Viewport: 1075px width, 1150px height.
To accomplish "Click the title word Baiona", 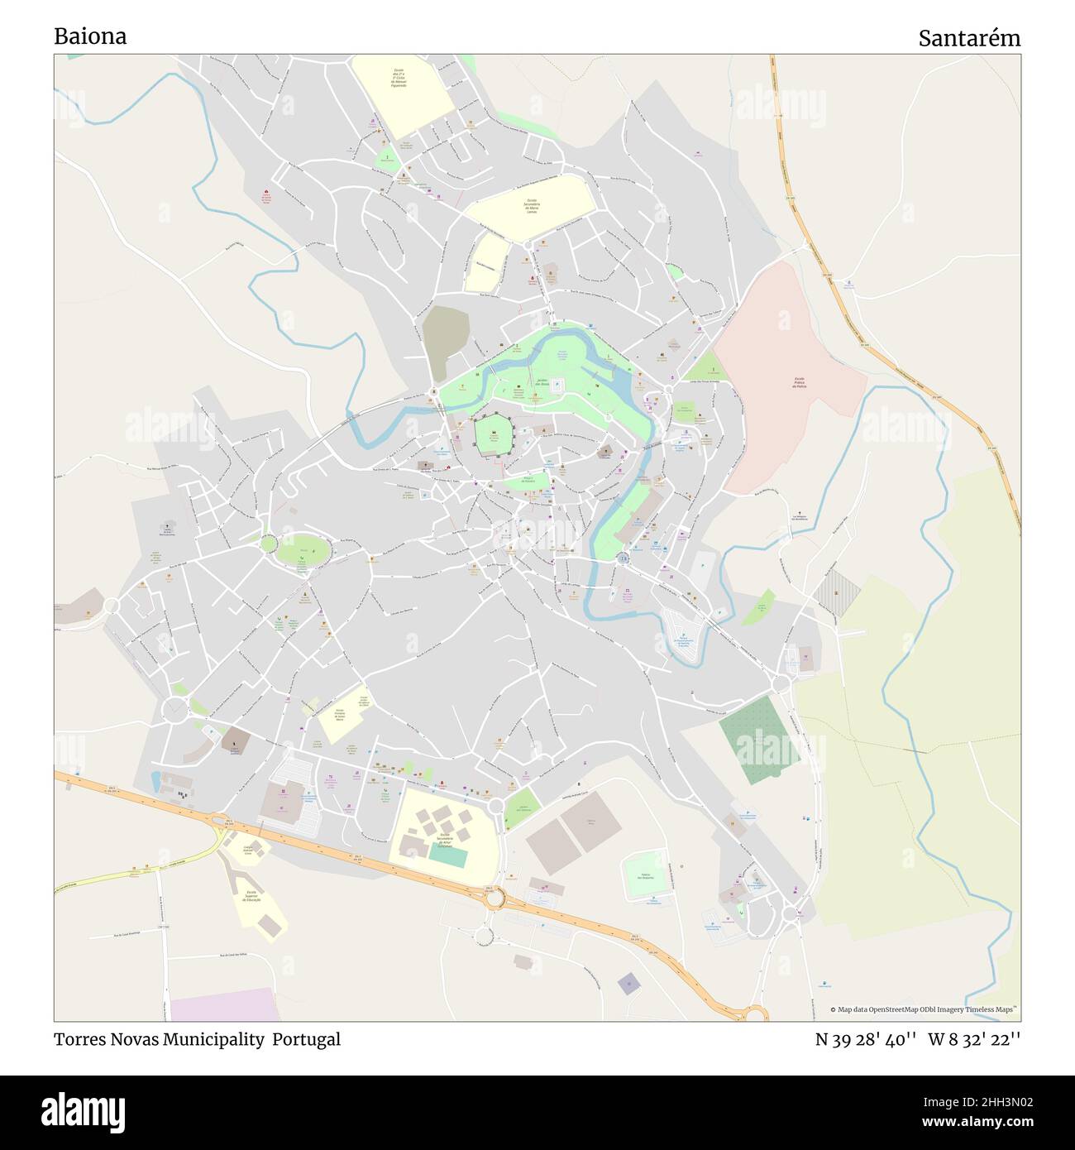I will tap(90, 36).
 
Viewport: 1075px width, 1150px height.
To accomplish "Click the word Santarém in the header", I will tap(969, 38).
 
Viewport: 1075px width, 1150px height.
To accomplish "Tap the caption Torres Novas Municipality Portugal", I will tap(197, 1039).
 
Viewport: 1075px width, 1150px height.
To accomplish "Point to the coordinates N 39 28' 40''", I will tap(865, 1039).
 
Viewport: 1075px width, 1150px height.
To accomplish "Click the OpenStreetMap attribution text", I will tap(926, 1009).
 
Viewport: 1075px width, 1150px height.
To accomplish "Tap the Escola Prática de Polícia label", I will tap(799, 386).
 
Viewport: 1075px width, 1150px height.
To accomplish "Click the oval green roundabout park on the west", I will tap(303, 550).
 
